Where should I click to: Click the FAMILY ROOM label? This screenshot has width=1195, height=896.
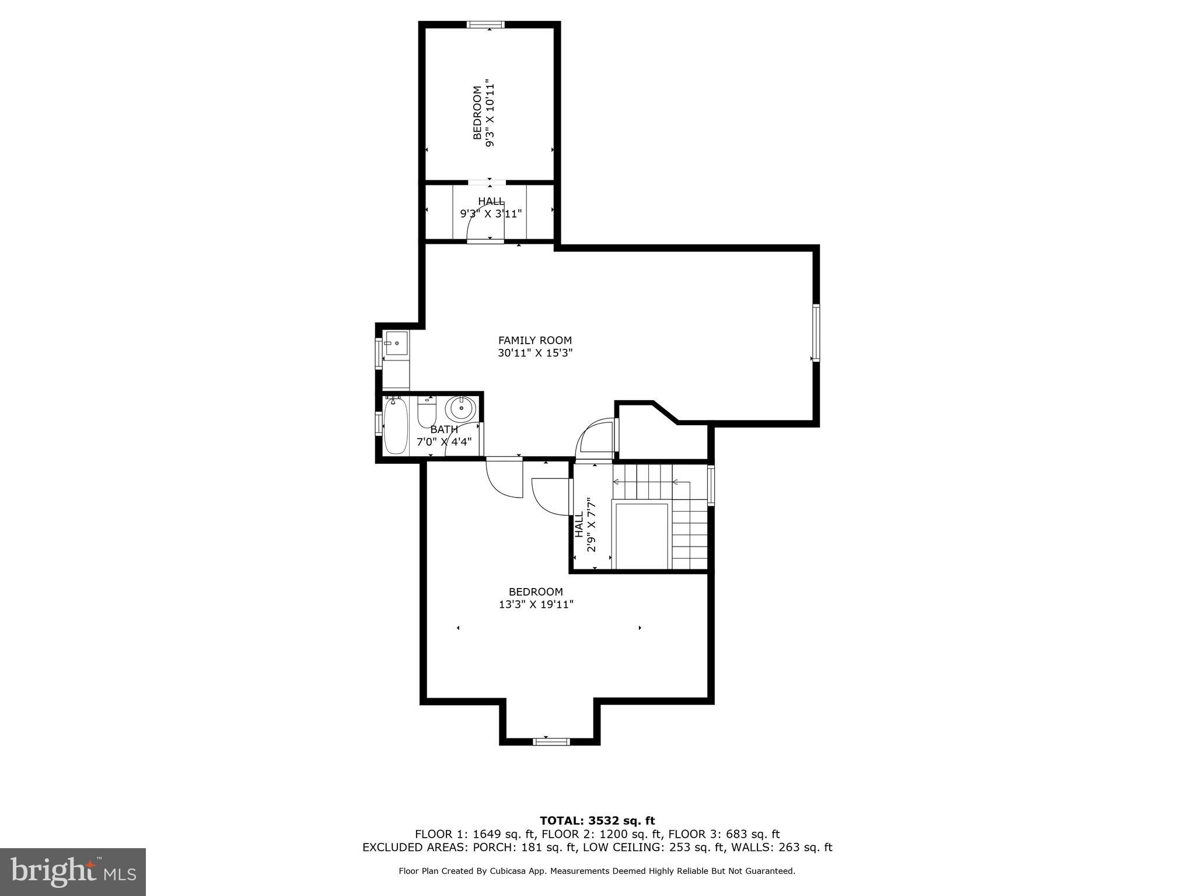point(534,340)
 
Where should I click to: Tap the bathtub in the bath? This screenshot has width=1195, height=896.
point(396,425)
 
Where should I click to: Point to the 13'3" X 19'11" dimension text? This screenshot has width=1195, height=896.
point(536,604)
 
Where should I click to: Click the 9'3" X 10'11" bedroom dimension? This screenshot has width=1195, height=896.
point(490,113)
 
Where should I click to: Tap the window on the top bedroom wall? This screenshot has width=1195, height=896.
point(486,24)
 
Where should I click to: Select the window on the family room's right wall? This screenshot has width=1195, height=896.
point(816,332)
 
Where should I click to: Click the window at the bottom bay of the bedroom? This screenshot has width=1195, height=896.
point(551,741)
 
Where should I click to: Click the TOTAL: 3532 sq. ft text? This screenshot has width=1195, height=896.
point(597,821)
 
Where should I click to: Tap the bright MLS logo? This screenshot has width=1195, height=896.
point(73,871)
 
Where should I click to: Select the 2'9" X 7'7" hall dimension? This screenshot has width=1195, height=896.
point(592,524)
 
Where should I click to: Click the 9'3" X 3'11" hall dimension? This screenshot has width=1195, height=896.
point(490,213)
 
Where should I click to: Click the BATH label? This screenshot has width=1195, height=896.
point(443,429)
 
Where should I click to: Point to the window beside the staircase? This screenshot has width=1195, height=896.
point(711,485)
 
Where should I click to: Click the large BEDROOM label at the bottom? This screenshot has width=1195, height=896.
point(536,591)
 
